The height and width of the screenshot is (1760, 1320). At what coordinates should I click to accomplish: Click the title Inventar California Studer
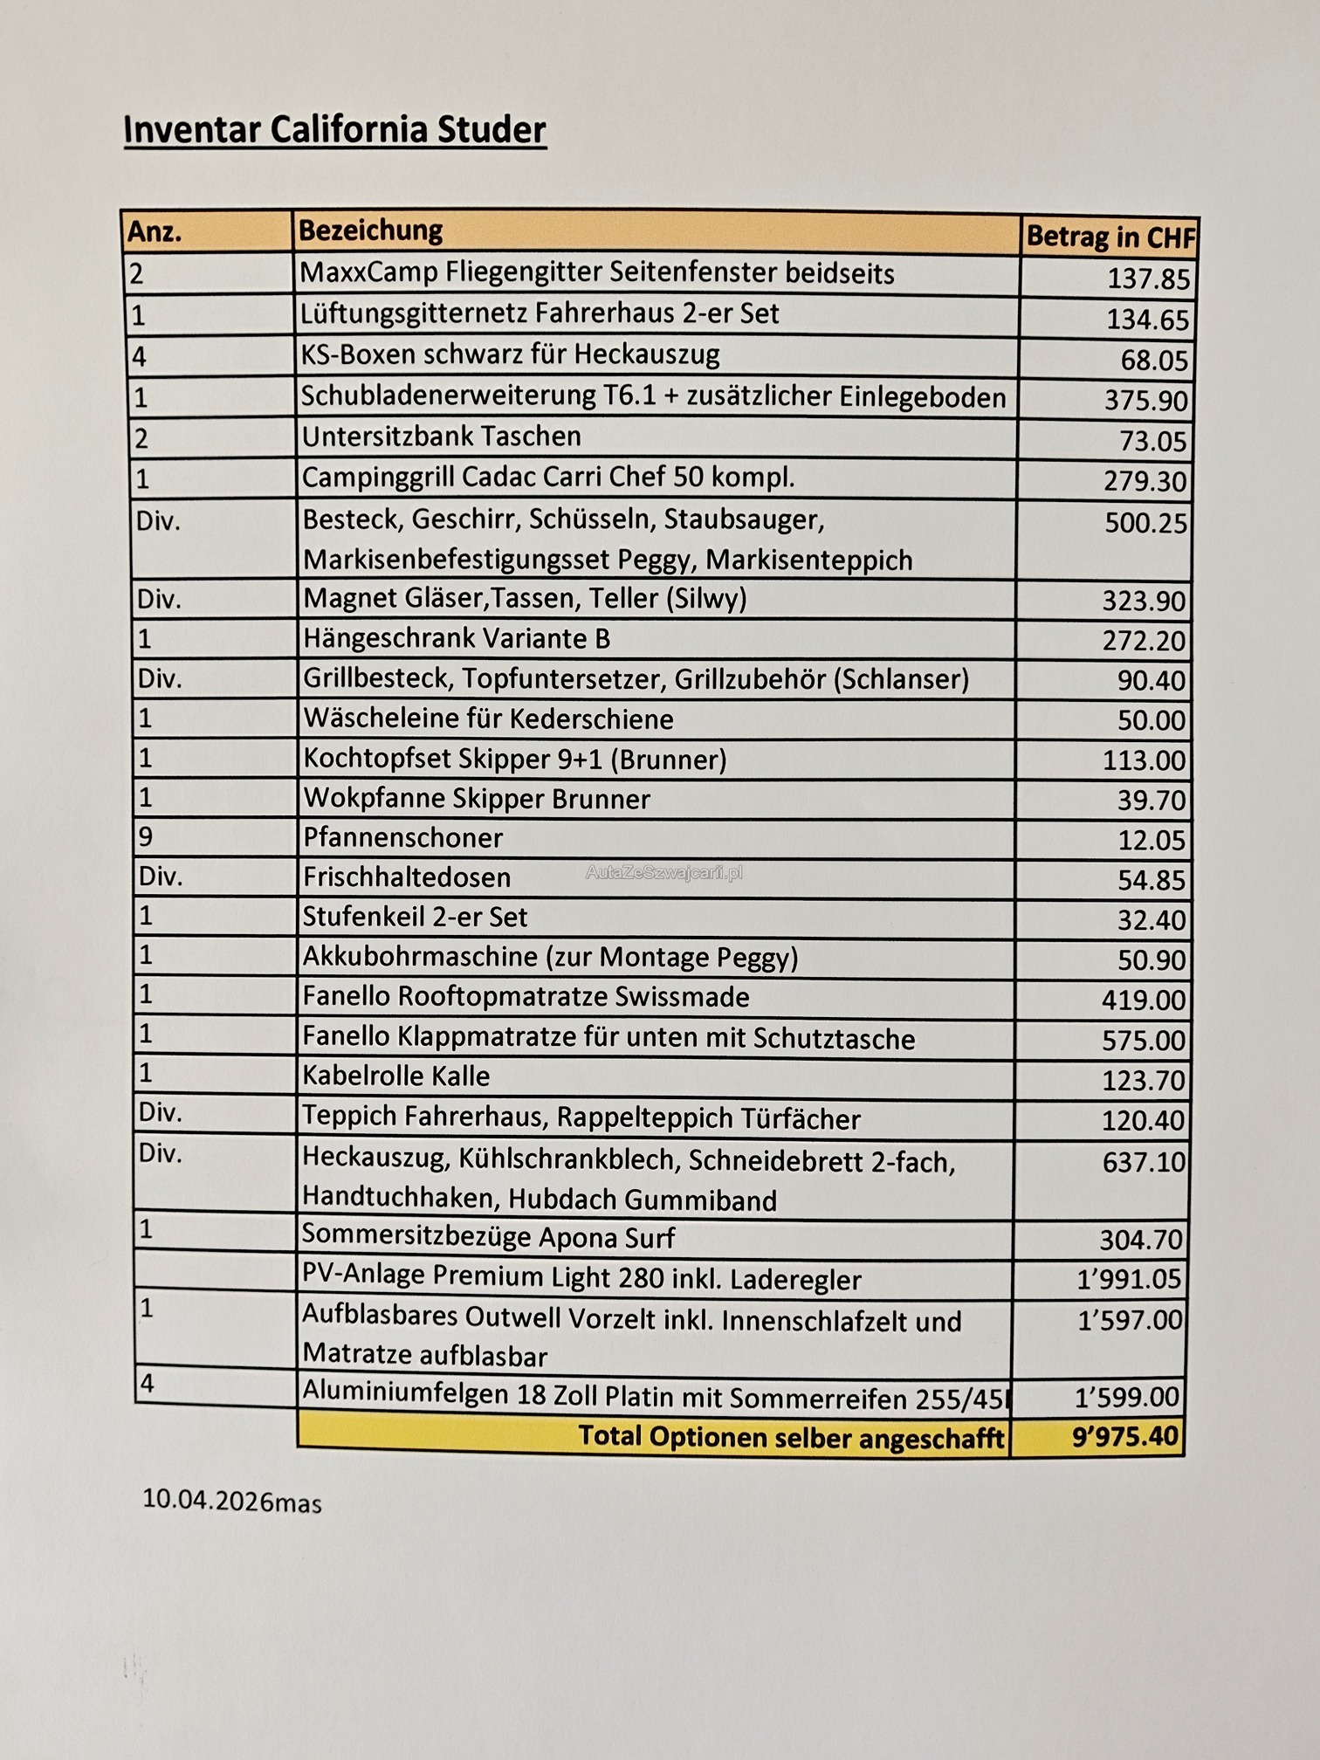click(334, 130)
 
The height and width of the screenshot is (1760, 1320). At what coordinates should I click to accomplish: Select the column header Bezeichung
click(370, 230)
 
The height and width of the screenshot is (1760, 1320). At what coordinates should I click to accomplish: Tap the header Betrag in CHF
click(1110, 237)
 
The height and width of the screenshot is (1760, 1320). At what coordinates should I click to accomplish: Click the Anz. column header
click(155, 232)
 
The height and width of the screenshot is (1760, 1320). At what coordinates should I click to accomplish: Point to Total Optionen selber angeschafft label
click(791, 1436)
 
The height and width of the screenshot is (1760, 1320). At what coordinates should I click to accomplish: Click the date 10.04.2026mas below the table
click(231, 1500)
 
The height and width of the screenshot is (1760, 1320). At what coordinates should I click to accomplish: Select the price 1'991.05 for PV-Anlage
click(1128, 1279)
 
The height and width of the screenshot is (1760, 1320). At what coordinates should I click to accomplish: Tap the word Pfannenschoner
click(402, 838)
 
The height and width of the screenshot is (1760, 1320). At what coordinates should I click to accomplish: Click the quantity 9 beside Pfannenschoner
click(146, 836)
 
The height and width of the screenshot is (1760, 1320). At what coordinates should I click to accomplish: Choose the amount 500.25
click(1145, 523)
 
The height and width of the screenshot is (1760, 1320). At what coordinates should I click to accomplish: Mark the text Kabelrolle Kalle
click(395, 1076)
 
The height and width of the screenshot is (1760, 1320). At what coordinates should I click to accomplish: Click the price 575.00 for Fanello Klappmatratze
click(1143, 1040)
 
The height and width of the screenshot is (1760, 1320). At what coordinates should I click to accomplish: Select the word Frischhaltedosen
click(406, 877)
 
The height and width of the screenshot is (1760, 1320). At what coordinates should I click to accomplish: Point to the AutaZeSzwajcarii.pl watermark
click(663, 872)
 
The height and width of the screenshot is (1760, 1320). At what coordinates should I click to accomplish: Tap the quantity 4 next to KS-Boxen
click(139, 356)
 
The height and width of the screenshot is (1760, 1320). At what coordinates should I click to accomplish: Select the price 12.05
click(1152, 840)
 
